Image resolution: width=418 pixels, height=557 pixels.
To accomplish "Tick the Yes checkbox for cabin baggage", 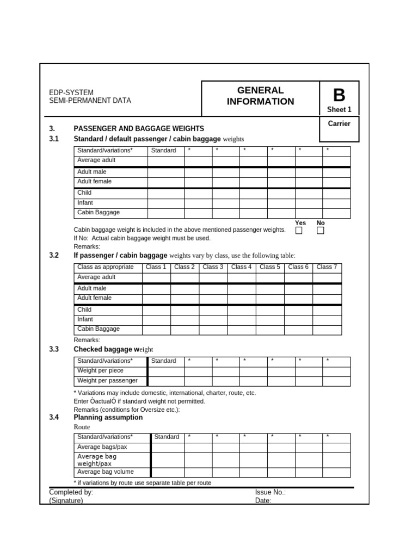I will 299,231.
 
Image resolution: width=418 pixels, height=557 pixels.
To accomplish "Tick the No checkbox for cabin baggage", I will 321,231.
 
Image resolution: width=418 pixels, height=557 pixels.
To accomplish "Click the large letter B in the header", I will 339,95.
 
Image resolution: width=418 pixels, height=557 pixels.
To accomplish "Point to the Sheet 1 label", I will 339,109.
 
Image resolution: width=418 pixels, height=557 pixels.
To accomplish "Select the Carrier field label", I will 339,123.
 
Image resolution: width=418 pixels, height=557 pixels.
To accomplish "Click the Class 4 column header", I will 241,267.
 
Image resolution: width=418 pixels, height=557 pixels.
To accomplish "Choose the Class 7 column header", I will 327,267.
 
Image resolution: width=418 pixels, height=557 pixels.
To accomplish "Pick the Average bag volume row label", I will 105,472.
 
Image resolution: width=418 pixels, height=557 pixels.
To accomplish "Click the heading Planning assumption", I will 108,417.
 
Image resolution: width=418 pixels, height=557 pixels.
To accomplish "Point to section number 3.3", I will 54,349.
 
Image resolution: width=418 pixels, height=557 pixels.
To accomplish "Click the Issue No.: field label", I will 271,492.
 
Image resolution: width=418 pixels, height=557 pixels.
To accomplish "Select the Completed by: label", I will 71,492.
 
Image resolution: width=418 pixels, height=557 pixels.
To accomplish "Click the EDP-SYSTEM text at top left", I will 71,92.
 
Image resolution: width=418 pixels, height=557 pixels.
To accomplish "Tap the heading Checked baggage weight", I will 113,349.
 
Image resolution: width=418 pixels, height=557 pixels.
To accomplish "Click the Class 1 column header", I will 156,267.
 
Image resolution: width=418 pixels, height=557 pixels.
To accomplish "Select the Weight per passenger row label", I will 107,381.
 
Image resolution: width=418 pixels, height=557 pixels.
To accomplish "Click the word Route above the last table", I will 82,427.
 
